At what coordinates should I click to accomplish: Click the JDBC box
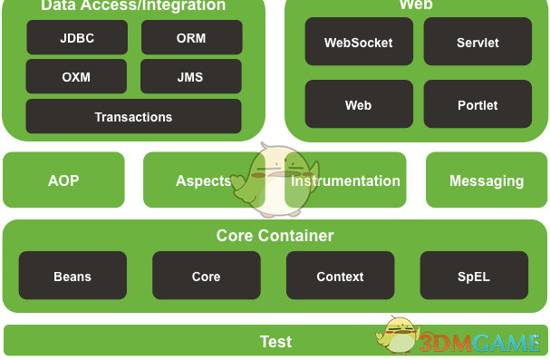click(77, 38)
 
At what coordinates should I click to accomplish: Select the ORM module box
click(191, 38)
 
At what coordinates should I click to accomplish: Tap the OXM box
click(77, 77)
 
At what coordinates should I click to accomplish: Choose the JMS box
click(191, 77)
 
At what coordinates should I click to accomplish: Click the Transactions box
click(133, 117)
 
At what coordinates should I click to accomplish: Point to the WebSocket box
click(359, 43)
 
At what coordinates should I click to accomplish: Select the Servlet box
click(478, 43)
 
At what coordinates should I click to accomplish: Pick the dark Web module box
click(359, 105)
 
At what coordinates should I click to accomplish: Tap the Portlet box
click(478, 105)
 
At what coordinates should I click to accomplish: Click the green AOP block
click(63, 180)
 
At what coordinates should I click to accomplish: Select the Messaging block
click(487, 180)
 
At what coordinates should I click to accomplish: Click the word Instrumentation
click(346, 180)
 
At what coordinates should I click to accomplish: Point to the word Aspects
click(203, 180)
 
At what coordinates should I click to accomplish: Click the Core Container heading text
click(275, 236)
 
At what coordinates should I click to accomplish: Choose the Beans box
click(72, 277)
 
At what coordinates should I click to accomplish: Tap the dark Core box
click(206, 277)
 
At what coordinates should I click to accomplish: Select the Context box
click(340, 277)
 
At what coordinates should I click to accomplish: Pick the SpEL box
click(474, 277)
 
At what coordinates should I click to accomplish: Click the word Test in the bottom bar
click(275, 342)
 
